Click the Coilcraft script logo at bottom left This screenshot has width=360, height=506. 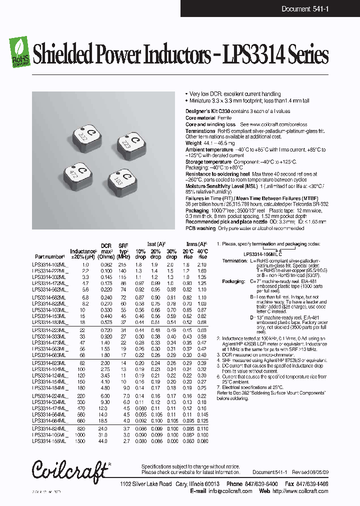click(69, 470)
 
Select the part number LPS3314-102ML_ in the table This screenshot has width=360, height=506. click(49, 264)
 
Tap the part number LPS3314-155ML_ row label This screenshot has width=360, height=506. click(49, 441)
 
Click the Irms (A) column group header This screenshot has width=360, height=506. click(195, 244)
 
